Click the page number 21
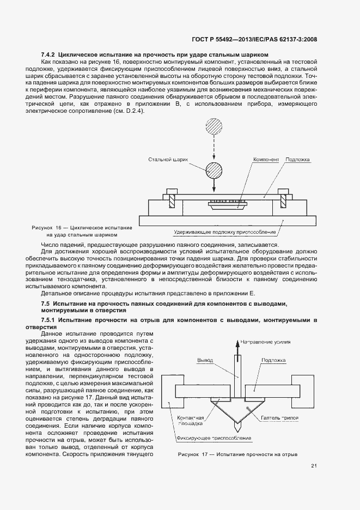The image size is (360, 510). click(314, 465)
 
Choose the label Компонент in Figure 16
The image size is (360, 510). click(266, 160)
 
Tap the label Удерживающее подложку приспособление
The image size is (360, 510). click(225, 232)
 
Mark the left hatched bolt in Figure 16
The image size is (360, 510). click(171, 198)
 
